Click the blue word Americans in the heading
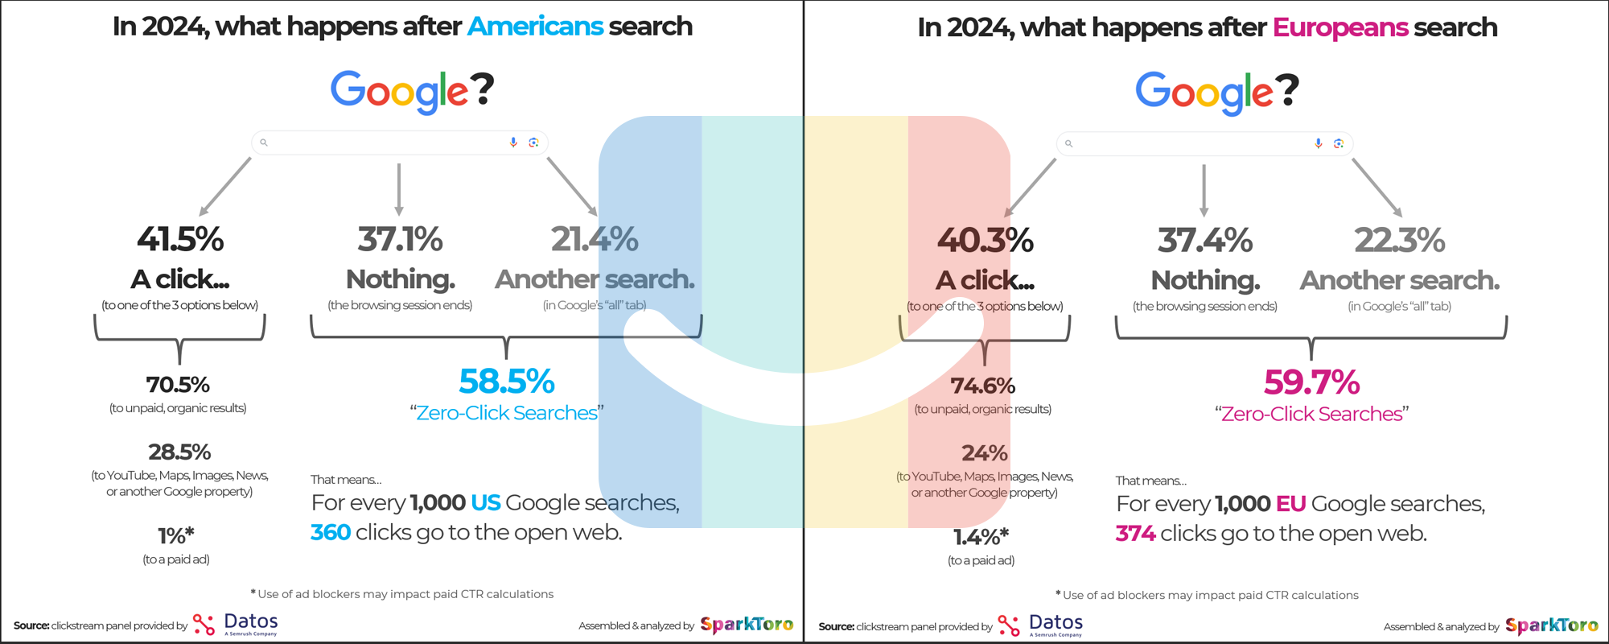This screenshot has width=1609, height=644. (535, 26)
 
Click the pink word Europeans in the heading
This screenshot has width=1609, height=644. (1340, 27)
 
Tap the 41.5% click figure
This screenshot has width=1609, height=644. (180, 239)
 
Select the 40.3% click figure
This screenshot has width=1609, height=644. (985, 241)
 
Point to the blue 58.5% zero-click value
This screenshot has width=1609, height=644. (507, 382)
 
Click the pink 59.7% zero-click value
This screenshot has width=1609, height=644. (1311, 382)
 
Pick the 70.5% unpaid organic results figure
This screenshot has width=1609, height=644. (178, 384)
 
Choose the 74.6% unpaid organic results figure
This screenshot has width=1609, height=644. (982, 386)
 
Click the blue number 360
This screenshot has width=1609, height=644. (331, 532)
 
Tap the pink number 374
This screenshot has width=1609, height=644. (1136, 533)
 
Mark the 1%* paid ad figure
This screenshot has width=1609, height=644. (176, 535)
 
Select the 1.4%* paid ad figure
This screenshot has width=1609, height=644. (981, 536)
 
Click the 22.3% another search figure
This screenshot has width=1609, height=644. (1400, 241)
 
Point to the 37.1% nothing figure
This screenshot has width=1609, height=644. (400, 239)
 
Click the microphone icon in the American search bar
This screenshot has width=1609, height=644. (513, 142)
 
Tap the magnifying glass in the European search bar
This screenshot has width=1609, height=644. (1069, 144)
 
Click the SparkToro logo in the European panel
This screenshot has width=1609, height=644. (1551, 625)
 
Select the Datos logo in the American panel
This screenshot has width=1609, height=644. (236, 624)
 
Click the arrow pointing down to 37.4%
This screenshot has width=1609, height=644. (1204, 191)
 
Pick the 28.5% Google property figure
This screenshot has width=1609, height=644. (179, 452)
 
